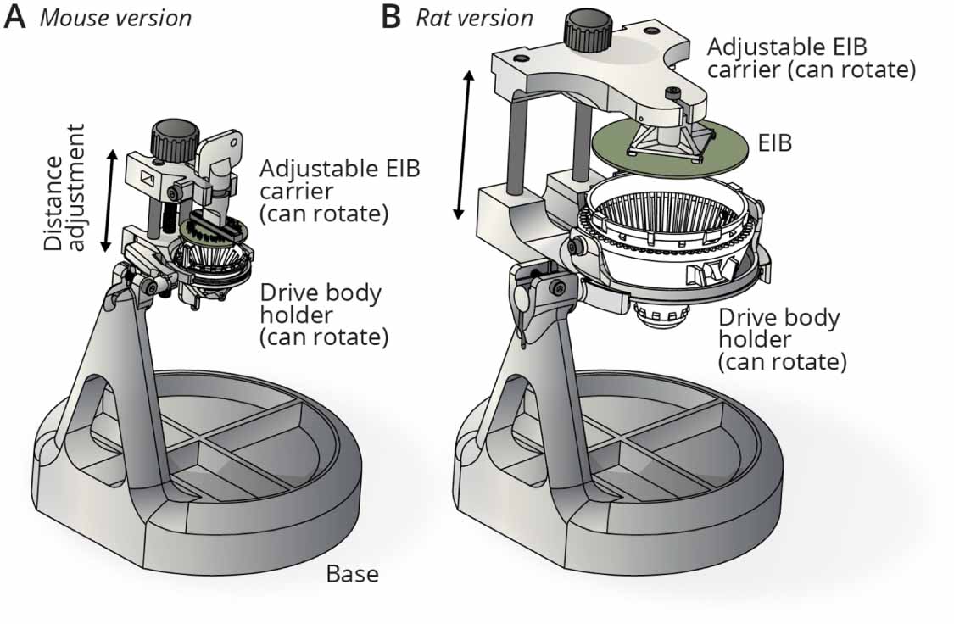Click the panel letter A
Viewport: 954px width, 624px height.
click(x=16, y=17)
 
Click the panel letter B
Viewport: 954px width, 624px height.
click(x=391, y=17)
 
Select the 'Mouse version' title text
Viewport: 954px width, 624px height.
click(x=115, y=18)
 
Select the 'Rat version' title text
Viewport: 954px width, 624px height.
click(x=474, y=18)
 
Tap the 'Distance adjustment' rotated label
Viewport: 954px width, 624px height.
click(x=65, y=188)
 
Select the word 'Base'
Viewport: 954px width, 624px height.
click(x=352, y=574)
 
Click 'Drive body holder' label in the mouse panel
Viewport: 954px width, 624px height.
click(x=322, y=315)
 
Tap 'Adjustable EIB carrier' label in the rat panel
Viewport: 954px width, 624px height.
click(x=810, y=58)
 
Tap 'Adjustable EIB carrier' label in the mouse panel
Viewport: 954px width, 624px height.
click(x=339, y=190)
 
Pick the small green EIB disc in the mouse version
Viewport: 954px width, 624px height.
click(x=212, y=231)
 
